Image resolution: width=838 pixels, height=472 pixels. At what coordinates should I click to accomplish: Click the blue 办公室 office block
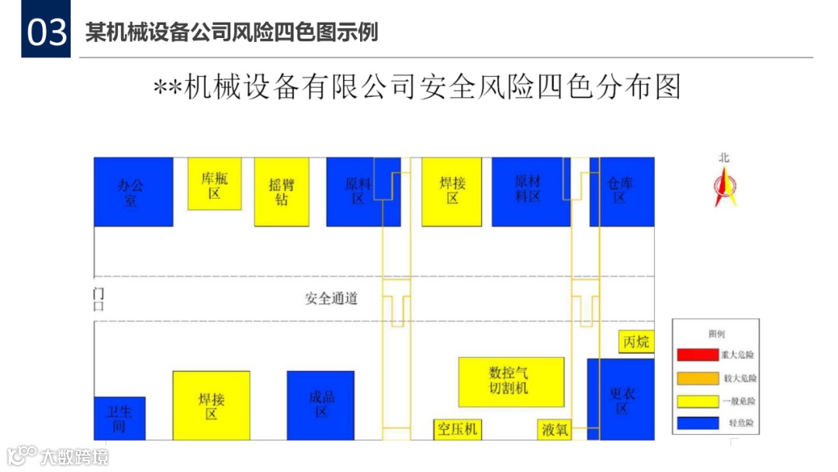(133, 192)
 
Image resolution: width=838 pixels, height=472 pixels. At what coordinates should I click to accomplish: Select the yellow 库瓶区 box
(214, 184)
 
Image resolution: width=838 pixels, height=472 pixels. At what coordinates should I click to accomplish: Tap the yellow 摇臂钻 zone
(282, 192)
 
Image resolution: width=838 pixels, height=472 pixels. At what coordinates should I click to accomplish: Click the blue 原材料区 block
(531, 192)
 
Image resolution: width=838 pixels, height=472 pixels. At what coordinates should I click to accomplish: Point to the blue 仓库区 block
(622, 192)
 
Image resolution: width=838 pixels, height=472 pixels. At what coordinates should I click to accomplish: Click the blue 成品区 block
(320, 404)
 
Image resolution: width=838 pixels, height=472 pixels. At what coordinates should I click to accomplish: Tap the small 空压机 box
(457, 429)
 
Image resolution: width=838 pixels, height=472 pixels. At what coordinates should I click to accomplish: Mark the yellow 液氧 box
(555, 429)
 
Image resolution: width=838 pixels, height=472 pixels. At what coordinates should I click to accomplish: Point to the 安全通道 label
(331, 299)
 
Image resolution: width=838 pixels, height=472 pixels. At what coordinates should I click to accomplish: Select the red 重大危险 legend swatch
(697, 355)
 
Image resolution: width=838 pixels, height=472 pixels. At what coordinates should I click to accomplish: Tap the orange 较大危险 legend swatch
(697, 378)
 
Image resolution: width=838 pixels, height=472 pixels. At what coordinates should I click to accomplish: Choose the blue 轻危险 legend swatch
(697, 423)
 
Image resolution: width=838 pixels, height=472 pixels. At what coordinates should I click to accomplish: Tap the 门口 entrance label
(99, 299)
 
